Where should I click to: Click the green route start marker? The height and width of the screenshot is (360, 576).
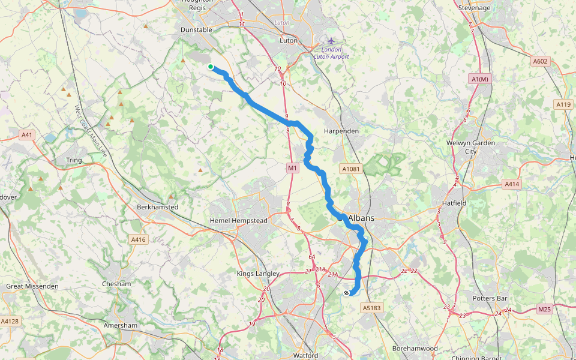click(x=211, y=67)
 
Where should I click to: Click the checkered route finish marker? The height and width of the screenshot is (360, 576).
click(x=347, y=293)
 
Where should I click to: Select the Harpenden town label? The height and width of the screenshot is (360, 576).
click(x=341, y=131)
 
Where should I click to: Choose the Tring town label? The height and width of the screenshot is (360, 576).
click(x=74, y=160)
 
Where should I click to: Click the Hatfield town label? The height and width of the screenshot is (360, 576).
click(x=454, y=203)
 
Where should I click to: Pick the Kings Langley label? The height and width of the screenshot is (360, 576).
click(x=258, y=274)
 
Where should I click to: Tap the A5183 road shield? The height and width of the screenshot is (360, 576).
click(x=371, y=308)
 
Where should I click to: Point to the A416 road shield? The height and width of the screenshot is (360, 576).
click(x=139, y=240)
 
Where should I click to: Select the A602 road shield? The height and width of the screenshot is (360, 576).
click(x=540, y=61)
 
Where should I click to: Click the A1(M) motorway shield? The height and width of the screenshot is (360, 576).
click(x=481, y=79)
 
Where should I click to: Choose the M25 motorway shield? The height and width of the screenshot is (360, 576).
click(x=544, y=310)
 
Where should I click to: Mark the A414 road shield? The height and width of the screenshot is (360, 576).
click(x=511, y=184)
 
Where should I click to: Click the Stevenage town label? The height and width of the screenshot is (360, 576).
click(x=474, y=8)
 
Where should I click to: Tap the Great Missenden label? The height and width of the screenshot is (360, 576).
click(x=32, y=286)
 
